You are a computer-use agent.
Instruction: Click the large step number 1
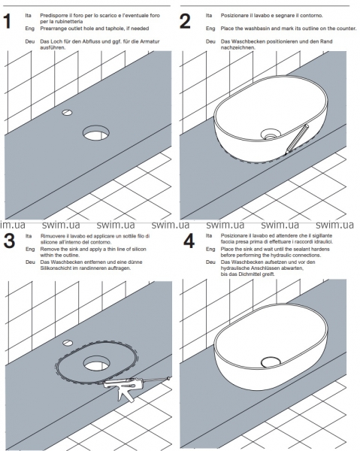click(8, 21)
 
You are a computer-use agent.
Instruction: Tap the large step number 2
click(185, 21)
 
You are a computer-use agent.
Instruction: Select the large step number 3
click(9, 241)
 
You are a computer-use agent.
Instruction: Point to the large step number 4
click(189, 241)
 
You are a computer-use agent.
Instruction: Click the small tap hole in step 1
click(67, 113)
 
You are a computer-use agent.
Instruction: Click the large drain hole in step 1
click(96, 133)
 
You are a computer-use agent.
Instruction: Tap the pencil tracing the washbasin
click(296, 139)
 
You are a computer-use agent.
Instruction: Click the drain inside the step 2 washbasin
click(271, 134)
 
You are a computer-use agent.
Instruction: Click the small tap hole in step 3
click(68, 343)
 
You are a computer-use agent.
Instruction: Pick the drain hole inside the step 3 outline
click(96, 363)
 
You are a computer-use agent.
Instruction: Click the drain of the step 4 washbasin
click(271, 362)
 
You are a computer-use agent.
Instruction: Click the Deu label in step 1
click(29, 41)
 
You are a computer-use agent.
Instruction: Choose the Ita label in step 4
click(209, 235)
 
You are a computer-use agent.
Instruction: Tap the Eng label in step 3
click(30, 249)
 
